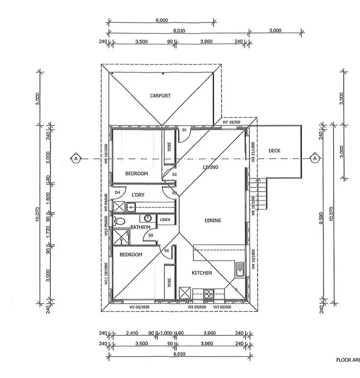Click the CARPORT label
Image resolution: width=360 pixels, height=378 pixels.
click(x=160, y=95)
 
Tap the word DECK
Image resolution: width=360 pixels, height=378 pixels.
click(x=274, y=150)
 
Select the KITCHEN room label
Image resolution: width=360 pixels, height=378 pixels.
click(x=202, y=272)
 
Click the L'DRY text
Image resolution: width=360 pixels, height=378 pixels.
click(x=139, y=195)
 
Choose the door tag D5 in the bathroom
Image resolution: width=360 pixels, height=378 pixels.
click(x=151, y=235)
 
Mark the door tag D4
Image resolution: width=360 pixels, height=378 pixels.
click(x=117, y=193)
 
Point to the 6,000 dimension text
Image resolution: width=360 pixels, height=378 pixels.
click(x=162, y=20)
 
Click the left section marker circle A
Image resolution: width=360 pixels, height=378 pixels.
click(x=75, y=157)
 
